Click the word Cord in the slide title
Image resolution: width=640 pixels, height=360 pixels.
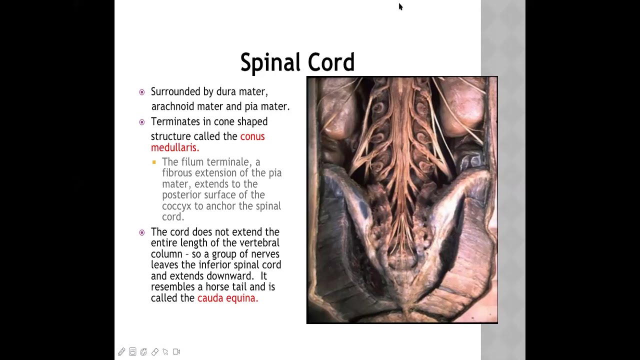tap(330, 63)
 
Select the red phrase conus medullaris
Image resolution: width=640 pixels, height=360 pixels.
tap(207, 142)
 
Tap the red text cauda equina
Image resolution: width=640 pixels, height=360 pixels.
tap(227, 298)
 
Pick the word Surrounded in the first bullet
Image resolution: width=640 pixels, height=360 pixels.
tap(175, 91)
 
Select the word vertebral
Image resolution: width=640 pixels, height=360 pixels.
tap(259, 243)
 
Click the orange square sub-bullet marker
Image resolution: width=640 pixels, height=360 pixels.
tap(154, 162)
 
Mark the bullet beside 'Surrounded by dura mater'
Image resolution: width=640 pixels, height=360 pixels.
tap(142, 92)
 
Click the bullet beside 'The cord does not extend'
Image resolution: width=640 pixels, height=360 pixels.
tap(142, 232)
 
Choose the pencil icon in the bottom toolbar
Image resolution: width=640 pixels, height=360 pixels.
tap(121, 352)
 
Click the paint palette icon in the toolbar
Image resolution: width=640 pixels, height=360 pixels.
tap(143, 352)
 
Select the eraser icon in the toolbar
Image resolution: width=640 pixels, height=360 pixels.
tap(154, 352)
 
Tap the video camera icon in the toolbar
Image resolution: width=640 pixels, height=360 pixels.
tap(176, 352)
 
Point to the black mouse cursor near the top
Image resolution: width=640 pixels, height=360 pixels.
tap(400, 6)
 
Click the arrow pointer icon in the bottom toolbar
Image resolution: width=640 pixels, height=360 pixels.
tap(165, 352)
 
